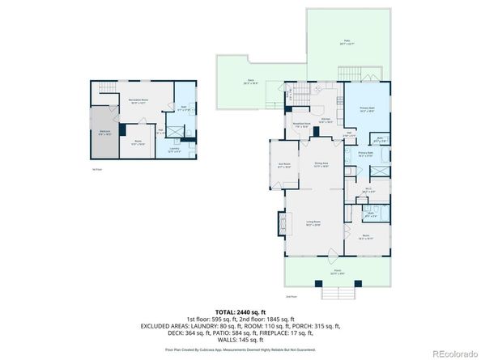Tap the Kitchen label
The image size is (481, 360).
pos(325,120)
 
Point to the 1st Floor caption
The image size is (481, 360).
pos(96,168)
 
